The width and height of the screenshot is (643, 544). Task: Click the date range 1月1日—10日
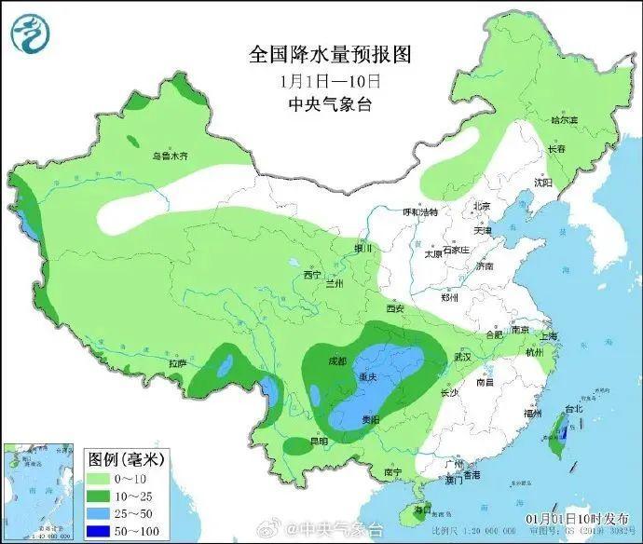318,80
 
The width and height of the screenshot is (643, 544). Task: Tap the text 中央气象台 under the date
318,104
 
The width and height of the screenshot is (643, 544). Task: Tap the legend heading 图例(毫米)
126,459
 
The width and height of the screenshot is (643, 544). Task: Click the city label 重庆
367,377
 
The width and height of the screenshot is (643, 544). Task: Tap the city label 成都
336,360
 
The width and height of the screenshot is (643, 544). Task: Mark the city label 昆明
318,442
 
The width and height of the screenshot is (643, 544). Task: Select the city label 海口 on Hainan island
423,509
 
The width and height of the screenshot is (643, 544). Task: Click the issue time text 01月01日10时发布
577,519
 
